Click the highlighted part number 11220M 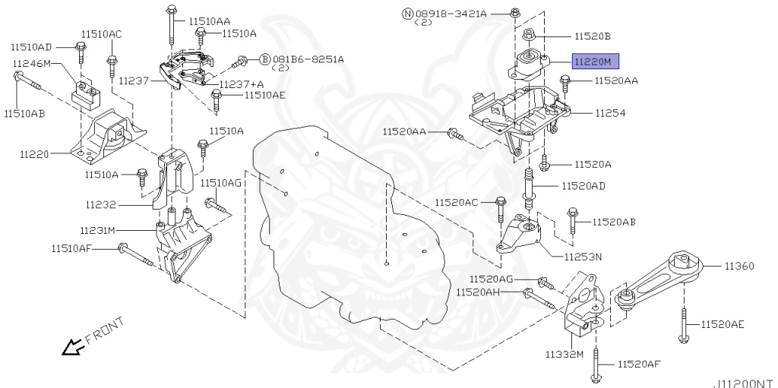click(596, 61)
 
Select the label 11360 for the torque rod click(738, 266)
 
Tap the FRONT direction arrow click(74, 348)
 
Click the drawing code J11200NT click(742, 383)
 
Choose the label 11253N click(583, 257)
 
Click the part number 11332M click(564, 355)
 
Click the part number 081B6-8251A click(308, 58)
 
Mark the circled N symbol click(406, 13)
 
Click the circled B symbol click(265, 58)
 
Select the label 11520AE click(722, 324)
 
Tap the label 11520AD click(583, 186)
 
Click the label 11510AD click(31, 47)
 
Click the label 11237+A click(242, 84)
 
